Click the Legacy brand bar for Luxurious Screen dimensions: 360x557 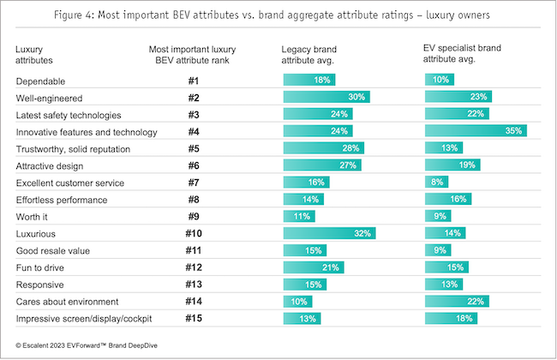click(329, 233)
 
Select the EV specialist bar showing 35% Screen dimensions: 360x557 click(476, 131)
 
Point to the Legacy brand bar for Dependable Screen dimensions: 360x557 click(309, 81)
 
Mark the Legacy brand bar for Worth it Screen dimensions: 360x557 click(299, 216)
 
